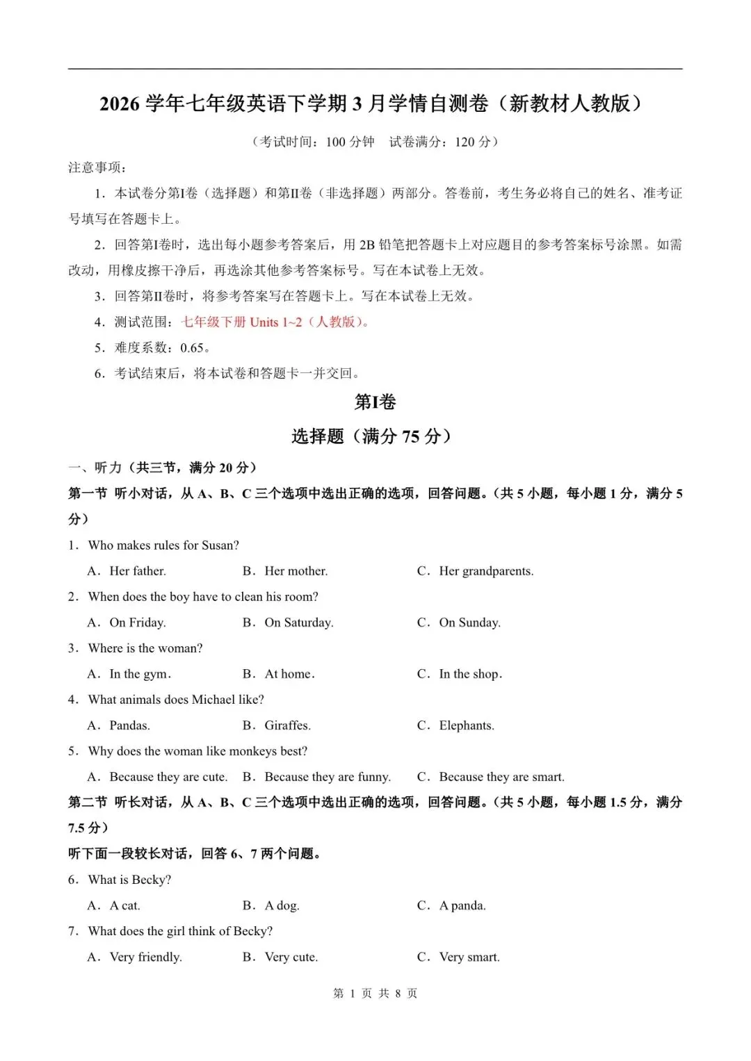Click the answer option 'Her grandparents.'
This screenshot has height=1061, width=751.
[485, 571]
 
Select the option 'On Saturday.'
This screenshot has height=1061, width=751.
[298, 623]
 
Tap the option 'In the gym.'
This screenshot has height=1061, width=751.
[140, 674]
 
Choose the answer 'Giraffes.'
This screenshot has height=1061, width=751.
[287, 725]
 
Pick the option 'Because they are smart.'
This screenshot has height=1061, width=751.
[501, 777]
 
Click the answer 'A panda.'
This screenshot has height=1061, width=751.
[462, 905]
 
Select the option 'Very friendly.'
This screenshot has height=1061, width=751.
[145, 957]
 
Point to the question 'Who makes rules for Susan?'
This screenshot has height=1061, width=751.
[163, 545]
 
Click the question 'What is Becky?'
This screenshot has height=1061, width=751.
[129, 880]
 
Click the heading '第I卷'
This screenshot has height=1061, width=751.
[375, 402]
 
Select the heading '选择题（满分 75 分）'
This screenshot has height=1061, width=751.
[375, 436]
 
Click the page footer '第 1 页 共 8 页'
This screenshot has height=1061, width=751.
[375, 993]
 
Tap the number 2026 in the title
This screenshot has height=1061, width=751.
[120, 104]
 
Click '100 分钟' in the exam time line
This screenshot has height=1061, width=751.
[350, 142]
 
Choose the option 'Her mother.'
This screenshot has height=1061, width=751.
[296, 571]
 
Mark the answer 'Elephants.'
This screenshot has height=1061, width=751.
[466, 725]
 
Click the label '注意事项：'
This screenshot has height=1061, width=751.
[97, 167]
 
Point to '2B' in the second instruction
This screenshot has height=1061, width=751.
[366, 245]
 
